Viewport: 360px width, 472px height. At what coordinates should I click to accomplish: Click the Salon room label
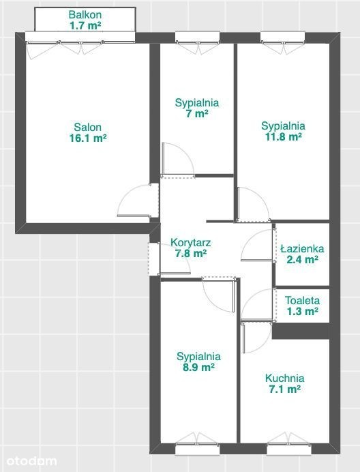click(87, 127)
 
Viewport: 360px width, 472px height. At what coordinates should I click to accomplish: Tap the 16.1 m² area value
click(88, 138)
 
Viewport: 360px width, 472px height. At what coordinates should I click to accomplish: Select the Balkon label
click(85, 14)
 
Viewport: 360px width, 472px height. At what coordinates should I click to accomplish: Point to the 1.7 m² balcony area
click(85, 25)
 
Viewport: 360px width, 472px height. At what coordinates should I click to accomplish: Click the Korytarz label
click(190, 242)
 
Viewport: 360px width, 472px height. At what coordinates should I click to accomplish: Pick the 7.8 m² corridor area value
click(190, 254)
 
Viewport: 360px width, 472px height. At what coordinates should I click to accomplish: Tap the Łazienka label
click(302, 249)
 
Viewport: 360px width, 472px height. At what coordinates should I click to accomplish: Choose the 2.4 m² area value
click(302, 259)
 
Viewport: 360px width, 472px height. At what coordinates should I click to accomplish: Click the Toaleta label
click(302, 300)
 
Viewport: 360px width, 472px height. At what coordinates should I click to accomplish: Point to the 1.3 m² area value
click(302, 311)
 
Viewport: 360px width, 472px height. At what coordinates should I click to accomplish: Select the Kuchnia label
click(284, 378)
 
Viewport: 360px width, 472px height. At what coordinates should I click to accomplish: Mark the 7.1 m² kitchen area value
click(284, 389)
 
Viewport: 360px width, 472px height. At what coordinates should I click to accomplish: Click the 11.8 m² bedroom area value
click(283, 137)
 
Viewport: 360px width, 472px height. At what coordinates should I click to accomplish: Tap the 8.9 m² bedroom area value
click(198, 367)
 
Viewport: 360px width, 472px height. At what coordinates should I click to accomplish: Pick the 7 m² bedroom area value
click(197, 114)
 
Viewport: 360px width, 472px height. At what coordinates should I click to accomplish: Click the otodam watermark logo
click(31, 461)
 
